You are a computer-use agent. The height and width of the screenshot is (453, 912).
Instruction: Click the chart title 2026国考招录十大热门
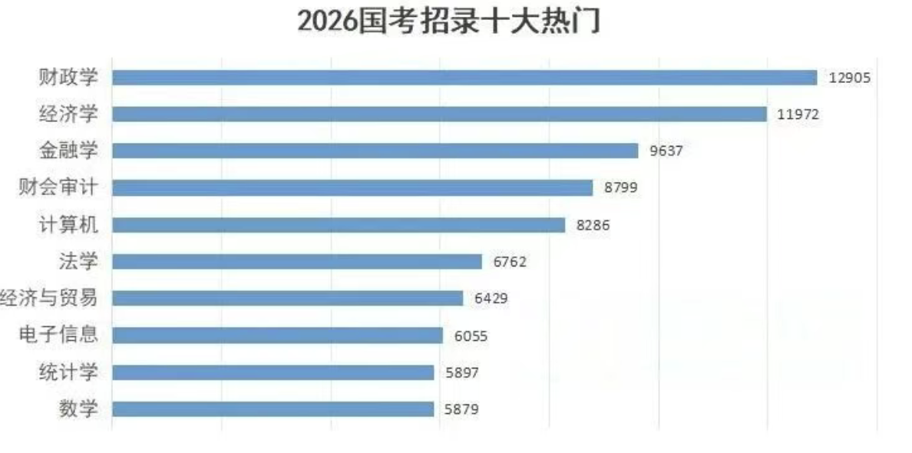448,21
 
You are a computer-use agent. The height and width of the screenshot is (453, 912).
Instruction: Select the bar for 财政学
464,78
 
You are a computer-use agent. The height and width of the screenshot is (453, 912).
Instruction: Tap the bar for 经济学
439,114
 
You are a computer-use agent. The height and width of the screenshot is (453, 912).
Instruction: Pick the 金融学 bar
375,150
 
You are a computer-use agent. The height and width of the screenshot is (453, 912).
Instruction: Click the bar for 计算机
339,225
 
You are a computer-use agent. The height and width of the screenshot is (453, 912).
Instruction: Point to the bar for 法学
297,262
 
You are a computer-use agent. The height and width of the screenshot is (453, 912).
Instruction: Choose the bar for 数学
273,409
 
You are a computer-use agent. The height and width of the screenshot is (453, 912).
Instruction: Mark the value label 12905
850,78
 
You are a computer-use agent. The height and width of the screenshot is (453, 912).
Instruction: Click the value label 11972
798,114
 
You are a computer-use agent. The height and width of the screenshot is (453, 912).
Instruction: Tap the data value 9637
666,151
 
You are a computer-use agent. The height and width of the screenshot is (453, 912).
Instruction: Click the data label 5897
462,372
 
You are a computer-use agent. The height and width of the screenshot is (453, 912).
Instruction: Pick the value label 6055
471,336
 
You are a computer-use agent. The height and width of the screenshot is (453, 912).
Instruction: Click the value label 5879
462,409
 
